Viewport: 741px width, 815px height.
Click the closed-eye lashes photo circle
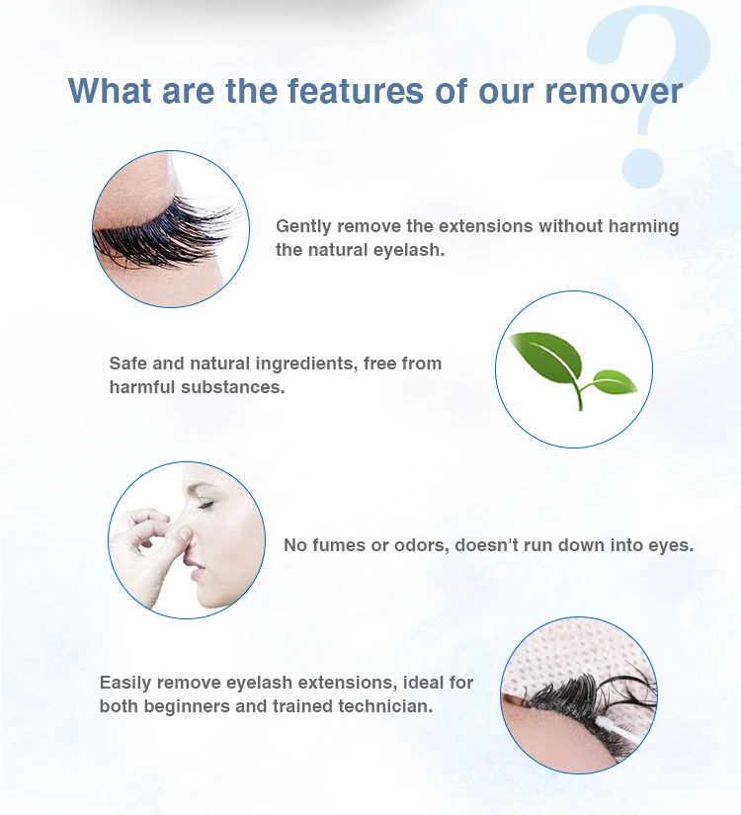pos(171,228)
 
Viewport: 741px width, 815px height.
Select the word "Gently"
pos(303,226)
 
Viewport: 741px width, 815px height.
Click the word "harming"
pos(642,226)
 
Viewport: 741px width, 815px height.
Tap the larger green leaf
pos(545,357)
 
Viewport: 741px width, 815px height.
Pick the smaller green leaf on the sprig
pos(613,380)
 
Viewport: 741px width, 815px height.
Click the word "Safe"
pos(128,364)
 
